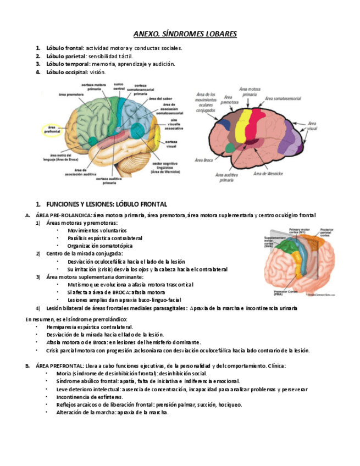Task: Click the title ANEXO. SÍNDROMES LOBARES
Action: [185, 35]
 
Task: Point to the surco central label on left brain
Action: [119, 86]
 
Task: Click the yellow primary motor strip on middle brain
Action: [242, 124]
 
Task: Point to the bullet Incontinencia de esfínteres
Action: [90, 397]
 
